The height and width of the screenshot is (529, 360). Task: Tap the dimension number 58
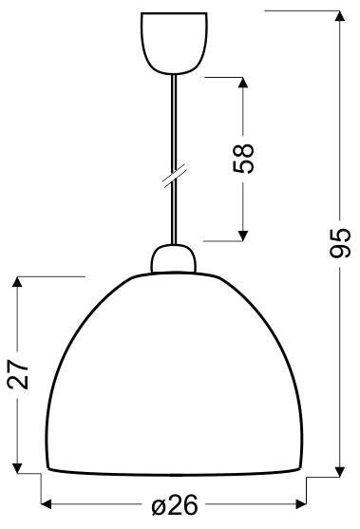pyautogui.click(x=244, y=157)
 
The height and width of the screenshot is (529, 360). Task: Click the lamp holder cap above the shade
pyautogui.click(x=172, y=259)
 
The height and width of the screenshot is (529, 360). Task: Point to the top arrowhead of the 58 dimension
pyautogui.click(x=244, y=81)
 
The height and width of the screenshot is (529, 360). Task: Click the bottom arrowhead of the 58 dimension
pyautogui.click(x=244, y=234)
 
